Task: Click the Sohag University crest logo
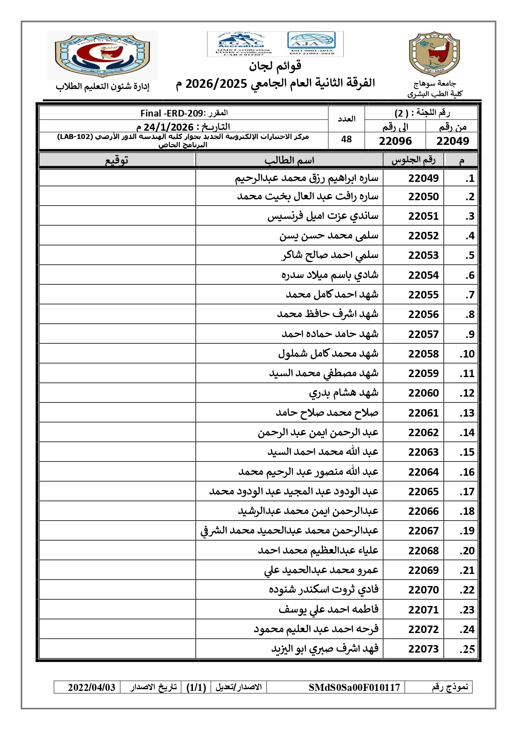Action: pos(434,54)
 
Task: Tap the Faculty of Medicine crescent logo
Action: pos(102,55)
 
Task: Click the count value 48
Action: pos(346,139)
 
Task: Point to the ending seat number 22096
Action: pos(395,141)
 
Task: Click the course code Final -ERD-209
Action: pos(172,113)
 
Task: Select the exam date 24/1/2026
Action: pos(168,127)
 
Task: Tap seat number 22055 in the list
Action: pos(423,295)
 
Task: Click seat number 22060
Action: pos(423,393)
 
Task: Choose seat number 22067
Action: pos(423,531)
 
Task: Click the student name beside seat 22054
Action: pos(330,275)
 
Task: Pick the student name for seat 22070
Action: pos(324,590)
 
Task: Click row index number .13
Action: pos(467,413)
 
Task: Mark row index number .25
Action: pos(467,649)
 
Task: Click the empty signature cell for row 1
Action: pos(117,178)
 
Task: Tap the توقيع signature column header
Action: pos(117,160)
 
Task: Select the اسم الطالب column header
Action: pos(289,160)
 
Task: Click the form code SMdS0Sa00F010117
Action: pos(354,687)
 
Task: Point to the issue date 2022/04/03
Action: pos(92,687)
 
